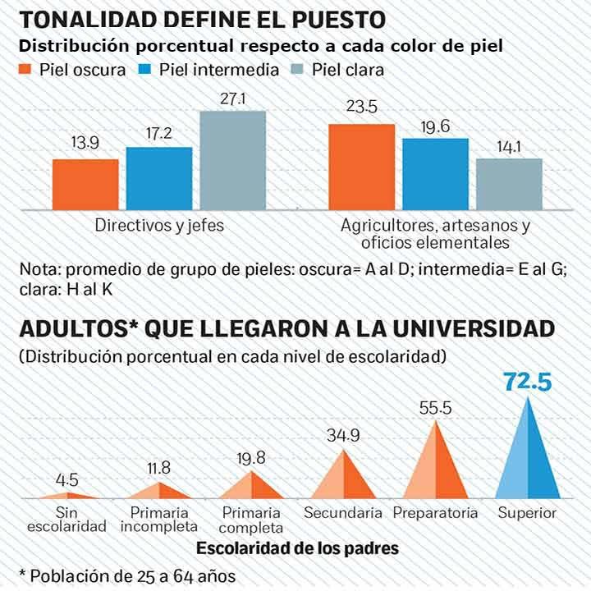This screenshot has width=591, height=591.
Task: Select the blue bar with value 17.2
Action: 159,177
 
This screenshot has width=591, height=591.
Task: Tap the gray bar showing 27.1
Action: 232,159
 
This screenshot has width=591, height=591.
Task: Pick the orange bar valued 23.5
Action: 361,165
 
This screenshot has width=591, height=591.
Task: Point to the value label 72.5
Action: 528,382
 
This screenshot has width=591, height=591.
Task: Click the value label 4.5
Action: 67,480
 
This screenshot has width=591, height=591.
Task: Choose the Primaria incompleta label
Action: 159,520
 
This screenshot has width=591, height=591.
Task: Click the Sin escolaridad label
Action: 66,520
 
